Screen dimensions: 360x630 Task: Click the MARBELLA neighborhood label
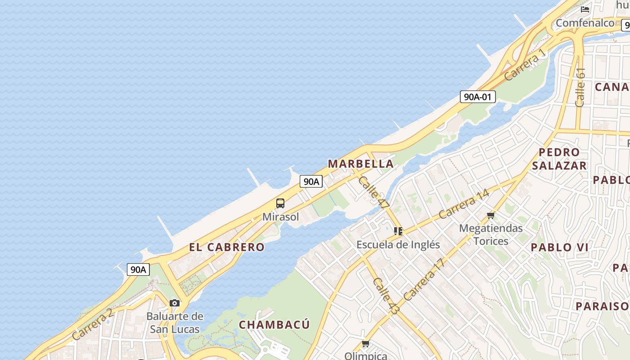tap(361, 164)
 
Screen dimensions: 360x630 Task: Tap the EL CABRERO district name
tap(227, 247)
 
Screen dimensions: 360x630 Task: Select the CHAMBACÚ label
tap(274, 324)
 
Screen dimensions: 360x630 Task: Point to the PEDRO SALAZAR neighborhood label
tap(559, 159)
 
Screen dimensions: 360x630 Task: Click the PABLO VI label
tap(560, 247)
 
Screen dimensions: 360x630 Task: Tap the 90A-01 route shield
tap(477, 96)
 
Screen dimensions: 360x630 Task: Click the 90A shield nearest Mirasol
tap(311, 181)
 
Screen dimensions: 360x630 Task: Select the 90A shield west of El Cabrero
tap(138, 270)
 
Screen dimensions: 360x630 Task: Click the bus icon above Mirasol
tap(280, 203)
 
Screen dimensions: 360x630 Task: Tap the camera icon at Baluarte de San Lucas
tap(175, 303)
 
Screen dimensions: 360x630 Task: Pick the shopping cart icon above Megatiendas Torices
tap(490, 216)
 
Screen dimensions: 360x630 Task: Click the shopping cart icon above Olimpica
tap(365, 344)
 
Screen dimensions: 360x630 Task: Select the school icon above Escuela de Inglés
tap(398, 231)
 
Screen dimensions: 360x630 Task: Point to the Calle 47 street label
tap(374, 192)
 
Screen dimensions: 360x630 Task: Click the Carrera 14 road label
tap(463, 204)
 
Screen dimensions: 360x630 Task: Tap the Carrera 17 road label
tap(424, 279)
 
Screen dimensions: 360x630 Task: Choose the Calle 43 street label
tap(386, 296)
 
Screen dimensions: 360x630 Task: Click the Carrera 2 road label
tap(92, 324)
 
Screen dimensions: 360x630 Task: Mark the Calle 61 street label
tap(580, 87)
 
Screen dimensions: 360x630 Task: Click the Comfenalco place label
tap(585, 22)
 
